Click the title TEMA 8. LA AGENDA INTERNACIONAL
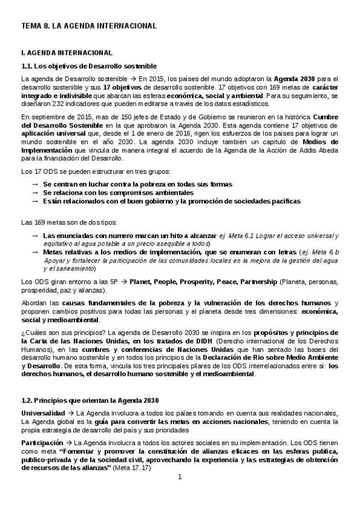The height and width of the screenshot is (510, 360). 88,26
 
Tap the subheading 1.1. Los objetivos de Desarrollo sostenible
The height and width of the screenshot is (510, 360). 89,66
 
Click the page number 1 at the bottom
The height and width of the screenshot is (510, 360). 179,477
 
